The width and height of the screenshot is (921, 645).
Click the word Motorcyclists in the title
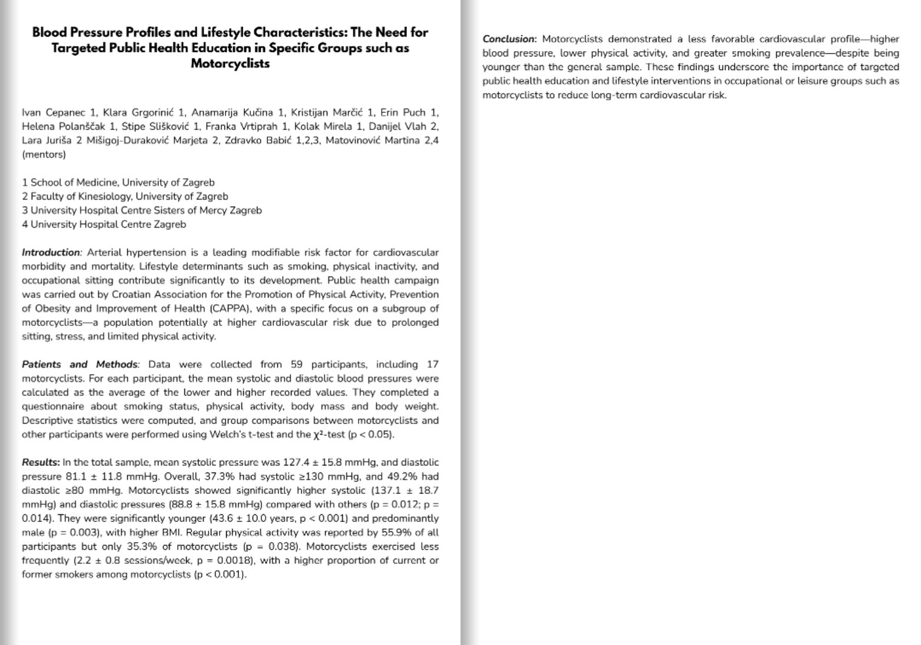click(x=230, y=64)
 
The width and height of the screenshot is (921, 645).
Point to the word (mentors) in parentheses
click(x=44, y=155)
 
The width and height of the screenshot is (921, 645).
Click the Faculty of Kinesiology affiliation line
click(x=125, y=197)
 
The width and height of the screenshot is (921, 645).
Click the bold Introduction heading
click(x=51, y=252)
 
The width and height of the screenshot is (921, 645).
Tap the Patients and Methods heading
click(x=80, y=365)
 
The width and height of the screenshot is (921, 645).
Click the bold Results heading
click(x=41, y=463)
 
